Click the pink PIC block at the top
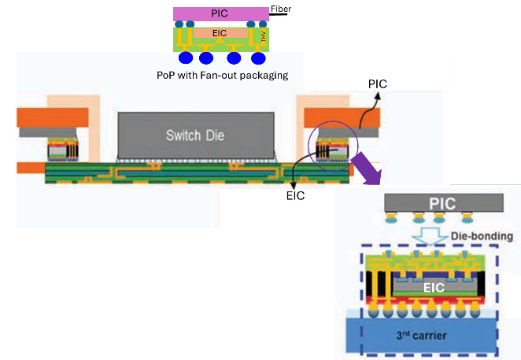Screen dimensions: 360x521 220,13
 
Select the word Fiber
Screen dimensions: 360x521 280,9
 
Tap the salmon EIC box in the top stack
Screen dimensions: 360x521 220,32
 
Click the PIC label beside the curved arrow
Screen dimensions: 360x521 377,82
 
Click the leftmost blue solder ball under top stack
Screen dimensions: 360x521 187,58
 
